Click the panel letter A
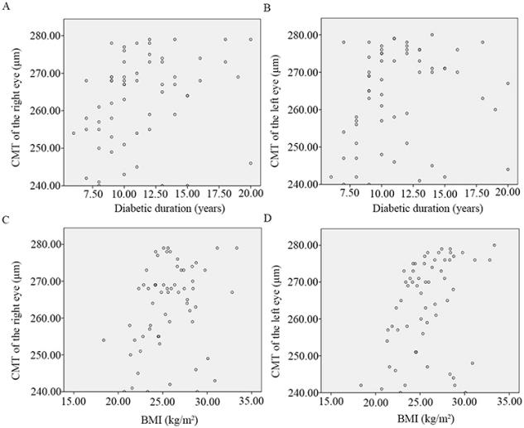(x=6, y=6)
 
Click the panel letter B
(x=266, y=6)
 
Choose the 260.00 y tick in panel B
(x=304, y=109)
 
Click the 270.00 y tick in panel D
(x=305, y=281)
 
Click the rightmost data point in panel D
(x=494, y=245)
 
